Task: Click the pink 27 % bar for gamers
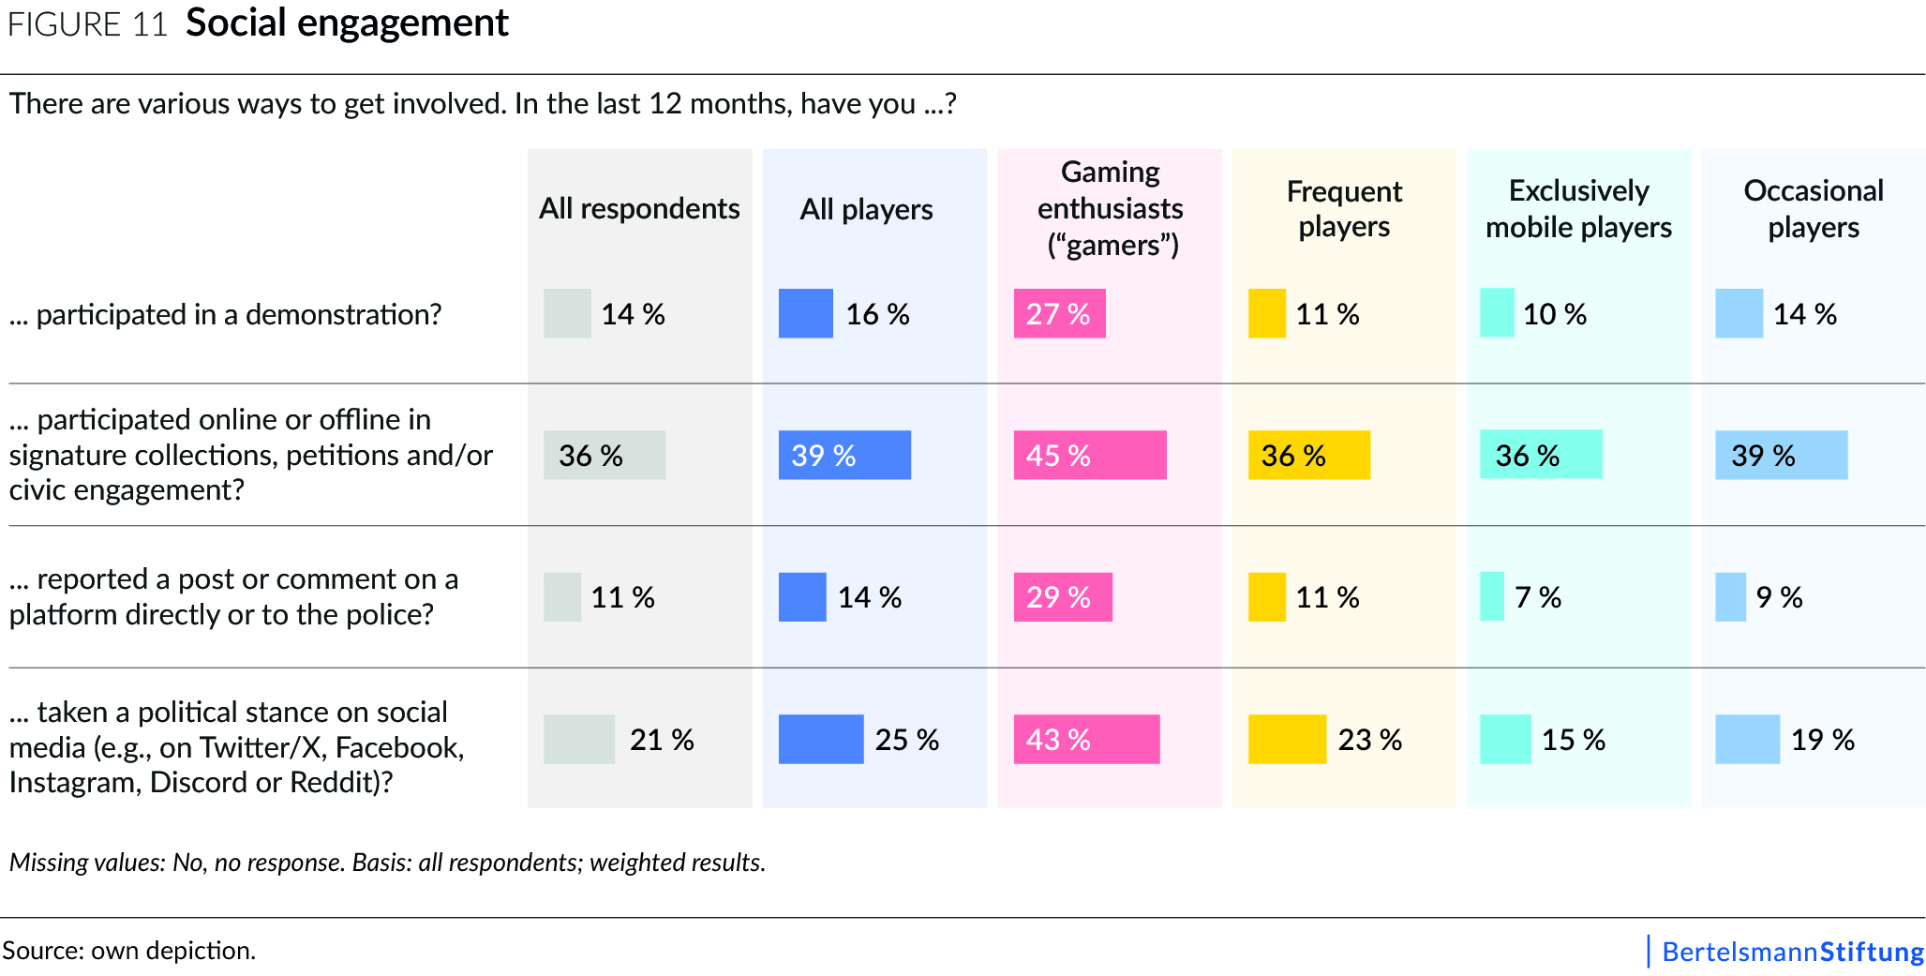(1059, 314)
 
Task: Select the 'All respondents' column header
(639, 208)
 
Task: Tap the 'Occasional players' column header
(1813, 209)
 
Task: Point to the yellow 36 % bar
(1308, 456)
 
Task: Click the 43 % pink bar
(1086, 740)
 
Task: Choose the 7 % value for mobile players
(1537, 597)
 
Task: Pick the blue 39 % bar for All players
(844, 456)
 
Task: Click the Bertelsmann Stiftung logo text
(1791, 952)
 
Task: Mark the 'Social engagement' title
(347, 23)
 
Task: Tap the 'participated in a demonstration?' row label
(225, 315)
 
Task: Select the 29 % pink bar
(1063, 597)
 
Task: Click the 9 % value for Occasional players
(1778, 597)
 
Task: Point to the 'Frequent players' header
(1344, 209)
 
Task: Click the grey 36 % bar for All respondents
(605, 456)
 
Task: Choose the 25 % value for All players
(906, 740)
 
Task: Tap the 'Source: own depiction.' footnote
(128, 951)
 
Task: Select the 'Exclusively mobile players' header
(1578, 209)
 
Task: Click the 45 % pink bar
(1090, 456)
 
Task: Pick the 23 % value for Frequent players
(1369, 740)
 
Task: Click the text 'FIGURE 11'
(87, 24)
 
